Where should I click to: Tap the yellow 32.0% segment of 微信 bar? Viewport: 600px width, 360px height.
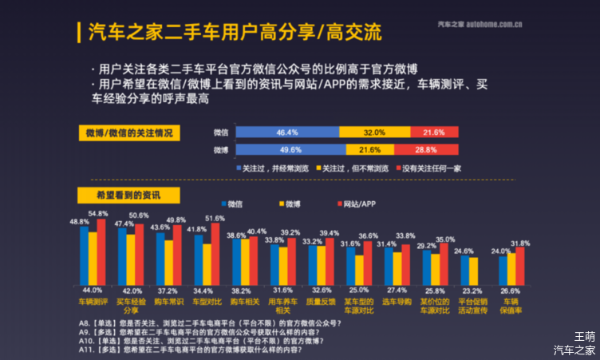pos(375,132)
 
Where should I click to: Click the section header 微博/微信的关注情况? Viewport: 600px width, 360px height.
pos(128,132)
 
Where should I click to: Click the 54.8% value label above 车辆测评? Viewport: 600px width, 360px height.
pos(98,213)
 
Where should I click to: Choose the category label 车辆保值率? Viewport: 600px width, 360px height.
pos(511,307)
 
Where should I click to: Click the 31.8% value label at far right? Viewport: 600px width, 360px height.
pos(519,243)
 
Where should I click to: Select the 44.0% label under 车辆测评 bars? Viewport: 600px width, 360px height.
pos(92,291)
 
